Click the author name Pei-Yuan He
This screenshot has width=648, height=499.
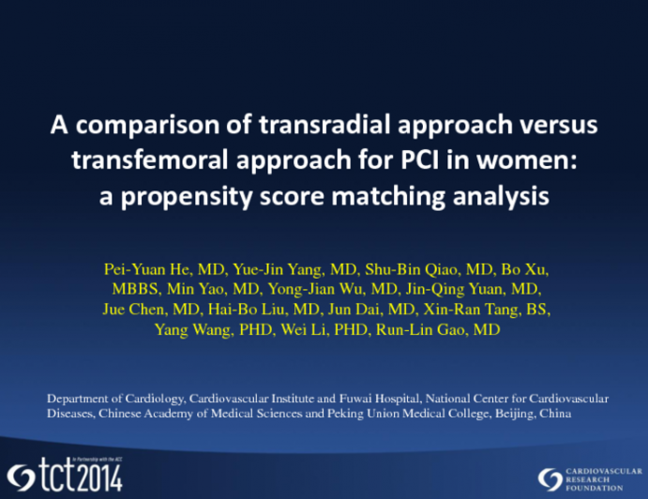[143, 270]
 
